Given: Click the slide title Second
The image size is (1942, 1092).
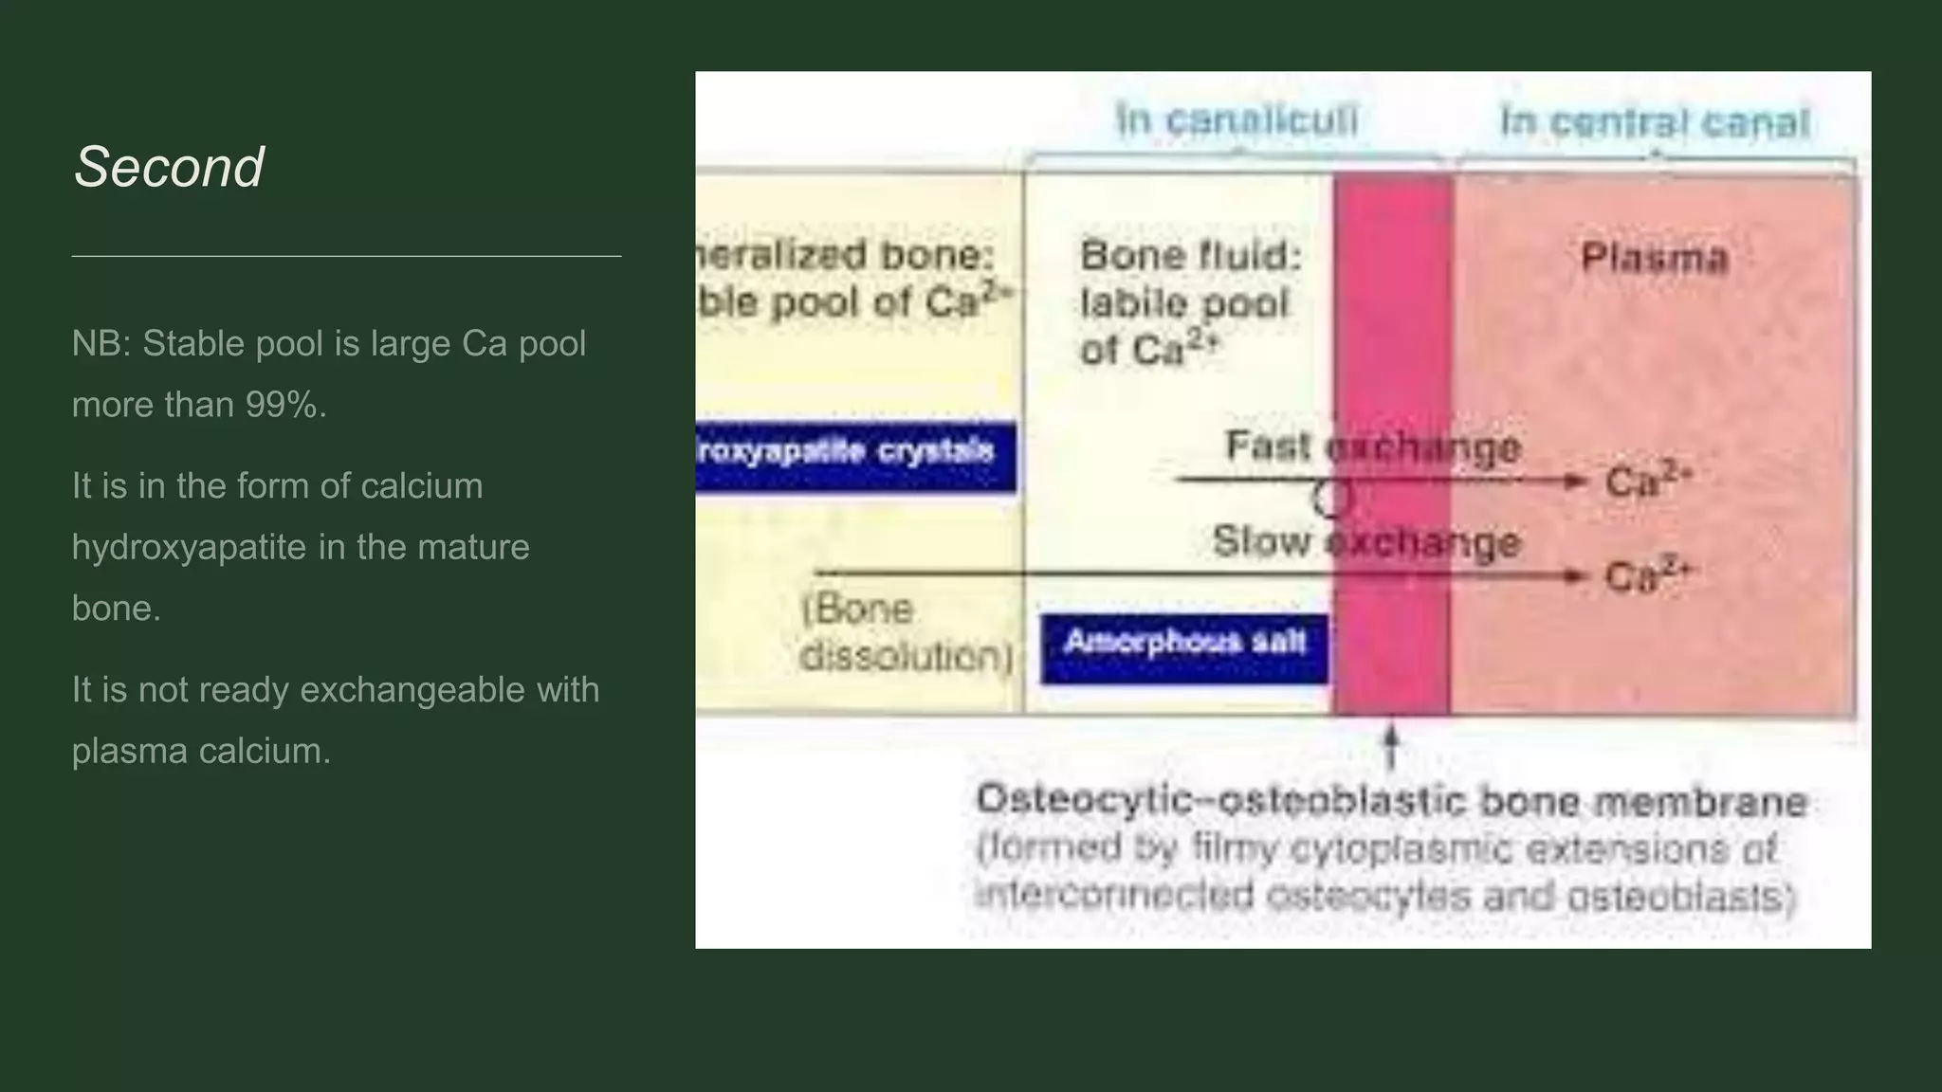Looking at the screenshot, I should (x=169, y=168).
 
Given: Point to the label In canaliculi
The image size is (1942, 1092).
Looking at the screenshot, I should (x=1237, y=120).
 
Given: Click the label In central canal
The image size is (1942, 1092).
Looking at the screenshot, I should (x=1655, y=122).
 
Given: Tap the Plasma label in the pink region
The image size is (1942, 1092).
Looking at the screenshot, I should (x=1655, y=258).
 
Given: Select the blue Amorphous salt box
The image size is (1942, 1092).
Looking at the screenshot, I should (x=1184, y=647).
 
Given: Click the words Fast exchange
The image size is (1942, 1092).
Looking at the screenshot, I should (x=1372, y=446).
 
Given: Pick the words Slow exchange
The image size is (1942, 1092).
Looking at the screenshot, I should (x=1365, y=541).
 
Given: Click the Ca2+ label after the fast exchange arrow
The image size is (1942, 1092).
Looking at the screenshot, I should (x=1648, y=480).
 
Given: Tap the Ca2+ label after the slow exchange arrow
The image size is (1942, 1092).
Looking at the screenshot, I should (x=1648, y=574).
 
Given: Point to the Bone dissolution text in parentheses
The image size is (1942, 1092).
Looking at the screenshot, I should (x=906, y=632).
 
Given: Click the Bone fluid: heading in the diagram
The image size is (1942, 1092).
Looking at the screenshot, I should (x=1191, y=256).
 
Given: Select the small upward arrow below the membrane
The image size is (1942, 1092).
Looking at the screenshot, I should (x=1391, y=746).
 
